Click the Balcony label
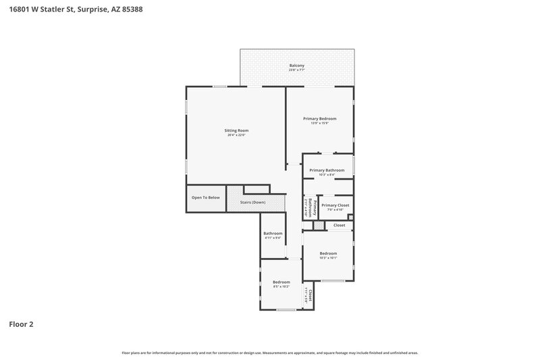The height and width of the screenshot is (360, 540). (x=297, y=65)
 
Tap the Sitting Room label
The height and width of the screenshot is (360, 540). (x=237, y=130)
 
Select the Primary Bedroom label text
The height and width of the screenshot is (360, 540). (x=319, y=118)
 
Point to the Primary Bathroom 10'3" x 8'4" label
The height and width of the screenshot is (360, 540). (x=327, y=170)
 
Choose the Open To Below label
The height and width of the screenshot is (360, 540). (x=205, y=197)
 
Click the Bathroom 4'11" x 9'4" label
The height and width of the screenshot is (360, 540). (x=273, y=234)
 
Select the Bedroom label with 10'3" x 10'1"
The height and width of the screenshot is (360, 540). (x=328, y=253)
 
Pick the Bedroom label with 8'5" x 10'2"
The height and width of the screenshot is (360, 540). (x=281, y=282)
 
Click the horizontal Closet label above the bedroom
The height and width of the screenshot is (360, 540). (x=339, y=225)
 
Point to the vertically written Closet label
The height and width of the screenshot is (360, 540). (x=309, y=294)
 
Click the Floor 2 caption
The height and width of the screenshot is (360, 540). (x=21, y=324)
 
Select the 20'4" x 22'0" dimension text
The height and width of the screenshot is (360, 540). (x=237, y=136)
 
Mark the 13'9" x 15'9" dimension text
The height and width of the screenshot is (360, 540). (x=319, y=123)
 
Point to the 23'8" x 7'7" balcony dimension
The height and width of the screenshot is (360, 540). (x=297, y=70)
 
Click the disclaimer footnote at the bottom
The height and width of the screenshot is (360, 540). (x=270, y=353)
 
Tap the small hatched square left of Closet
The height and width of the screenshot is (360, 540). (x=319, y=225)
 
